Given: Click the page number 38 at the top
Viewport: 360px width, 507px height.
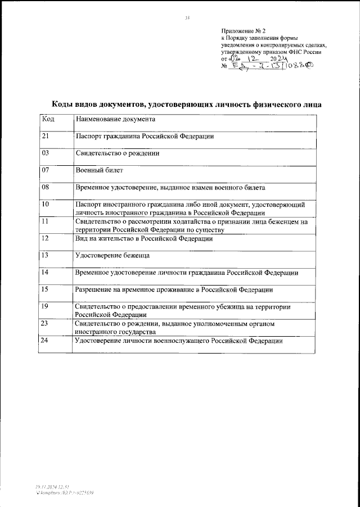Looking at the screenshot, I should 187,18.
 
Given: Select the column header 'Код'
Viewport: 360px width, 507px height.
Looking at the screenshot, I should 48,119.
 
